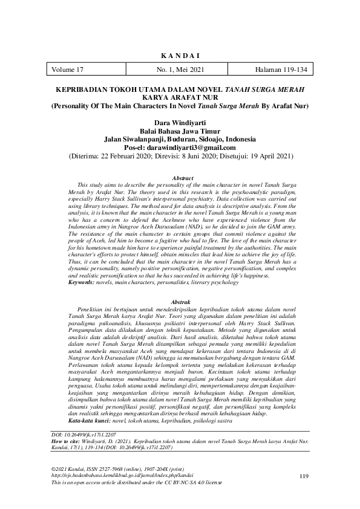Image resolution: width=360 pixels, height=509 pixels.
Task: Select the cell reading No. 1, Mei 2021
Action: pyautogui.click(x=180, y=70)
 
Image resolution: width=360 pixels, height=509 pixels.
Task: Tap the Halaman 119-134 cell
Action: pyautogui.click(x=281, y=70)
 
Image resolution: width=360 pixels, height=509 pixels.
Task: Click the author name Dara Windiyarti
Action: pyautogui.click(x=180, y=123)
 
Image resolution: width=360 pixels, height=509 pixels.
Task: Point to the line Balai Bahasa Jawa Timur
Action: pyautogui.click(x=180, y=131)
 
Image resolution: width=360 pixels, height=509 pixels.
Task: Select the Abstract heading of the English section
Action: pyautogui.click(x=182, y=179)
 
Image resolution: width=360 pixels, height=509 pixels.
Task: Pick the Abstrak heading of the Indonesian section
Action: pyautogui.click(x=182, y=300)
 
